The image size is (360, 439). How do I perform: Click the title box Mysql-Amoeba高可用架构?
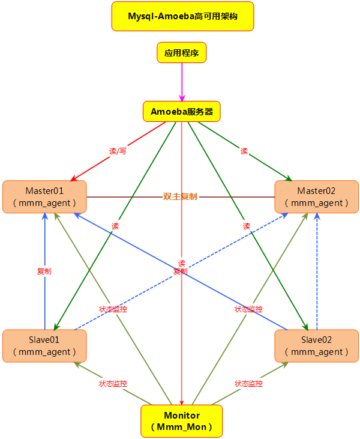[x=182, y=16]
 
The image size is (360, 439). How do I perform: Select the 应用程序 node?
[x=181, y=53]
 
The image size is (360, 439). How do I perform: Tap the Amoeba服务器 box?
[x=181, y=111]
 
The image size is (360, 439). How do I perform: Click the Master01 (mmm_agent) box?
[x=44, y=196]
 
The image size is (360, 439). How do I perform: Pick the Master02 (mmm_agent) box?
[x=316, y=196]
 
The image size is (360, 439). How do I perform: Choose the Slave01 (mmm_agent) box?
[x=44, y=345]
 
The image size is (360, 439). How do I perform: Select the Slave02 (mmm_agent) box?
[x=316, y=345]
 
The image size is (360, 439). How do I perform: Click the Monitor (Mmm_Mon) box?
[x=181, y=420]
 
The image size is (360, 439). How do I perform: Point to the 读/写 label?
[x=118, y=151]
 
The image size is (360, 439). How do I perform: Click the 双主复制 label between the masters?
[x=180, y=196]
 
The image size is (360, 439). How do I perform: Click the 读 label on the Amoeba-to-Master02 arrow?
[x=244, y=151]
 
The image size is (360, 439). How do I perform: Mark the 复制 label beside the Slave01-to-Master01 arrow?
[x=44, y=271]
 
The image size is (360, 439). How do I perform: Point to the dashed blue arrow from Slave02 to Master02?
[x=317, y=270]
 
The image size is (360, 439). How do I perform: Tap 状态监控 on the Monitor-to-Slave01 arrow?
[x=113, y=383]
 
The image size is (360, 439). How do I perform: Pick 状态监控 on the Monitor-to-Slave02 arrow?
[x=248, y=383]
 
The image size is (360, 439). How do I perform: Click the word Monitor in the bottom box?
[x=181, y=416]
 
